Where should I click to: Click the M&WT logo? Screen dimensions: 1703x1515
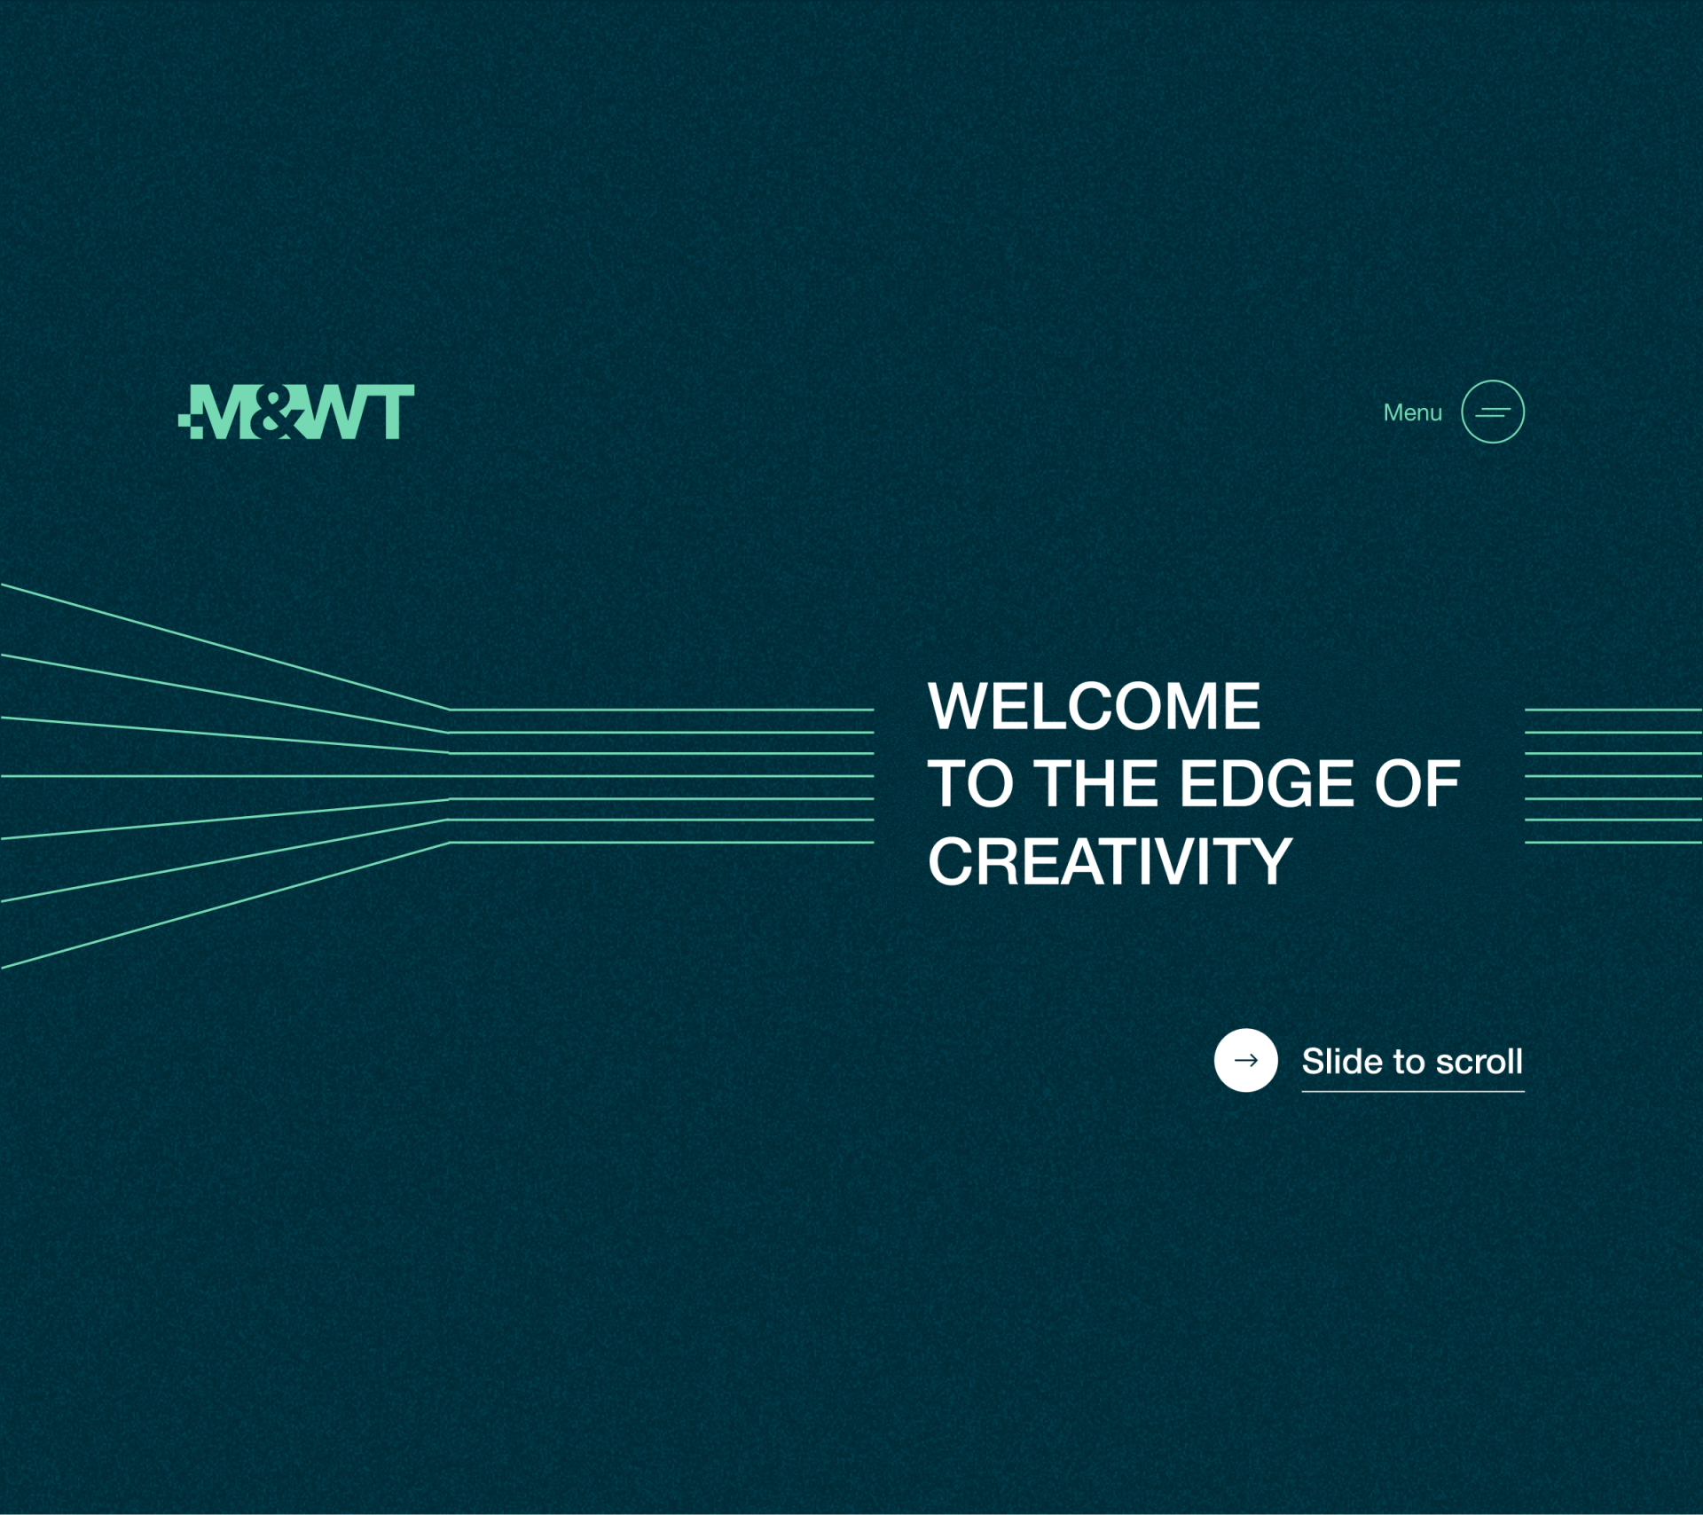296,412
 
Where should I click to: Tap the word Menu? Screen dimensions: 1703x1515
1413,412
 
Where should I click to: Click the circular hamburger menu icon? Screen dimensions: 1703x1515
1493,412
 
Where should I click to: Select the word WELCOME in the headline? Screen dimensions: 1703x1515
1094,707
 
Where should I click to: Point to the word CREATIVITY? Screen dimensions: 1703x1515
1110,861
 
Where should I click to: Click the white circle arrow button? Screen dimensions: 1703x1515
1246,1060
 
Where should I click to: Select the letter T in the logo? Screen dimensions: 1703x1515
388,412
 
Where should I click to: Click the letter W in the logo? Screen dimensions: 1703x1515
330,412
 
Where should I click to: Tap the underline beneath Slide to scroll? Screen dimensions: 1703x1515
1413,1091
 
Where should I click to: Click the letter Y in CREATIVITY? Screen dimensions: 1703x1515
1270,861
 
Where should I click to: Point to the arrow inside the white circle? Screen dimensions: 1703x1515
1246,1060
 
